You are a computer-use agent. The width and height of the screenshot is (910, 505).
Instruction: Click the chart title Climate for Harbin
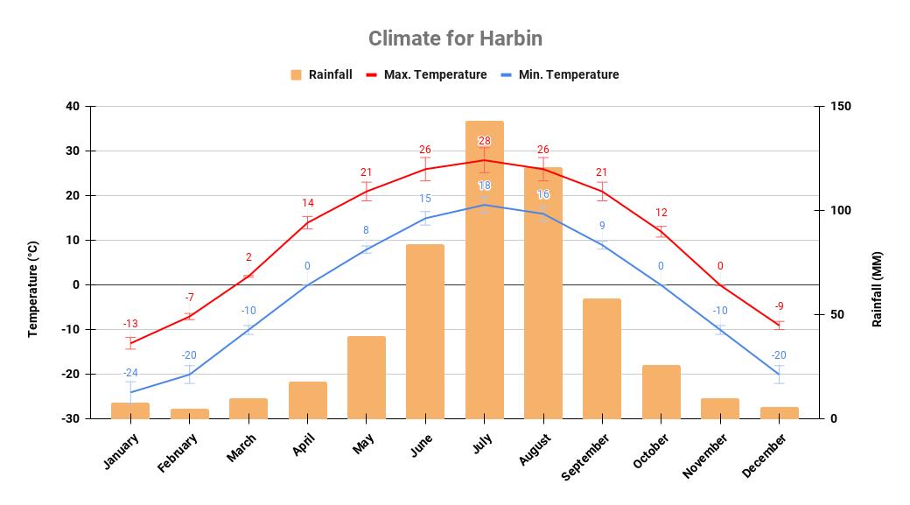pyautogui.click(x=455, y=39)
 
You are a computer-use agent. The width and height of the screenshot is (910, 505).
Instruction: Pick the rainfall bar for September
pyautogui.click(x=602, y=358)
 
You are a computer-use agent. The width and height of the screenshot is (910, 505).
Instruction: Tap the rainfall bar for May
pyautogui.click(x=366, y=377)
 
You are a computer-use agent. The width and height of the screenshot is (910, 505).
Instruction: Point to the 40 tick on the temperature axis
pyautogui.click(x=72, y=107)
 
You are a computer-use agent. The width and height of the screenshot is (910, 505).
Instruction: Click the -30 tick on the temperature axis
pyautogui.click(x=70, y=418)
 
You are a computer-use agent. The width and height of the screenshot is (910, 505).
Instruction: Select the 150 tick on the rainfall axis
pyautogui.click(x=841, y=107)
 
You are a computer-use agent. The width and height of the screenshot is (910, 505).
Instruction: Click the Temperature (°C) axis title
pyautogui.click(x=33, y=289)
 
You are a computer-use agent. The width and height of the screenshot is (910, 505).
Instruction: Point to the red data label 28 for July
pyautogui.click(x=484, y=141)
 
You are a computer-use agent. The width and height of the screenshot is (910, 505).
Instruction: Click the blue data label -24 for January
pyautogui.click(x=130, y=373)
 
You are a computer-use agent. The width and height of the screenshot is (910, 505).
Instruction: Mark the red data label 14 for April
pyautogui.click(x=307, y=203)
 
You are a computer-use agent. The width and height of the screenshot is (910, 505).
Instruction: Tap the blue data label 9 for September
pyautogui.click(x=602, y=226)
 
